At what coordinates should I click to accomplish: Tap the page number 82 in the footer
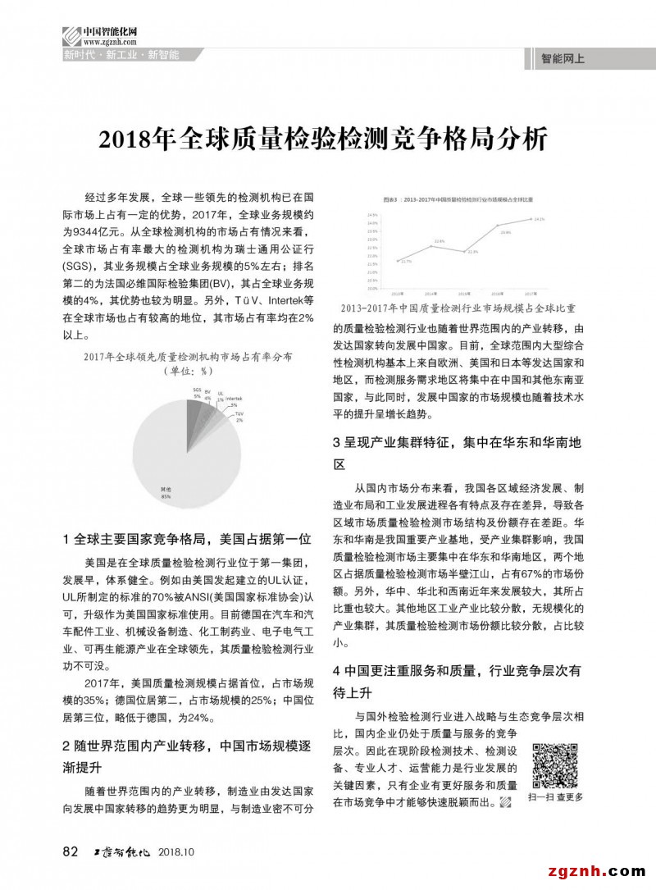click(71, 851)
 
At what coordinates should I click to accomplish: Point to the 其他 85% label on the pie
click(166, 493)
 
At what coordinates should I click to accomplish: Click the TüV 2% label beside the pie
click(239, 418)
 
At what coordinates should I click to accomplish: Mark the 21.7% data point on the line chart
click(399, 260)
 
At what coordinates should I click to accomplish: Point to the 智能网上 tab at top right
click(563, 60)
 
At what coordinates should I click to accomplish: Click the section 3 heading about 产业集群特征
click(457, 453)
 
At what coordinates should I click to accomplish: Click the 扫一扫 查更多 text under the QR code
click(556, 796)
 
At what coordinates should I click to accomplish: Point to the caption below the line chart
click(457, 308)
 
